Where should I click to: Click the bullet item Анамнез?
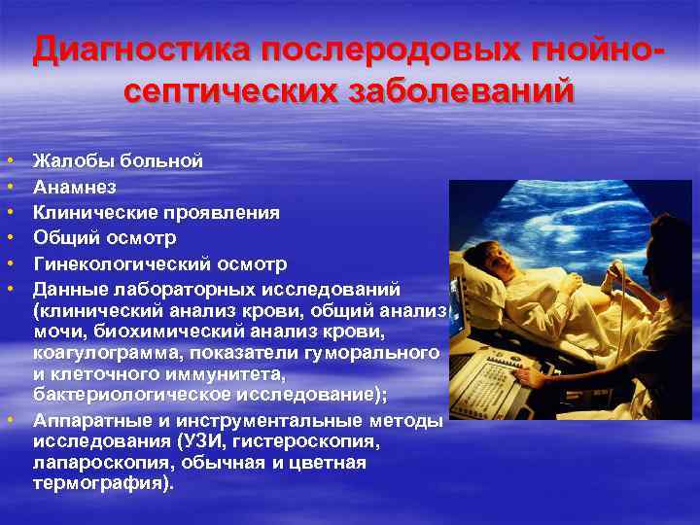coord(74,187)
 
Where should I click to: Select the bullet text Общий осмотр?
coord(105,237)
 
